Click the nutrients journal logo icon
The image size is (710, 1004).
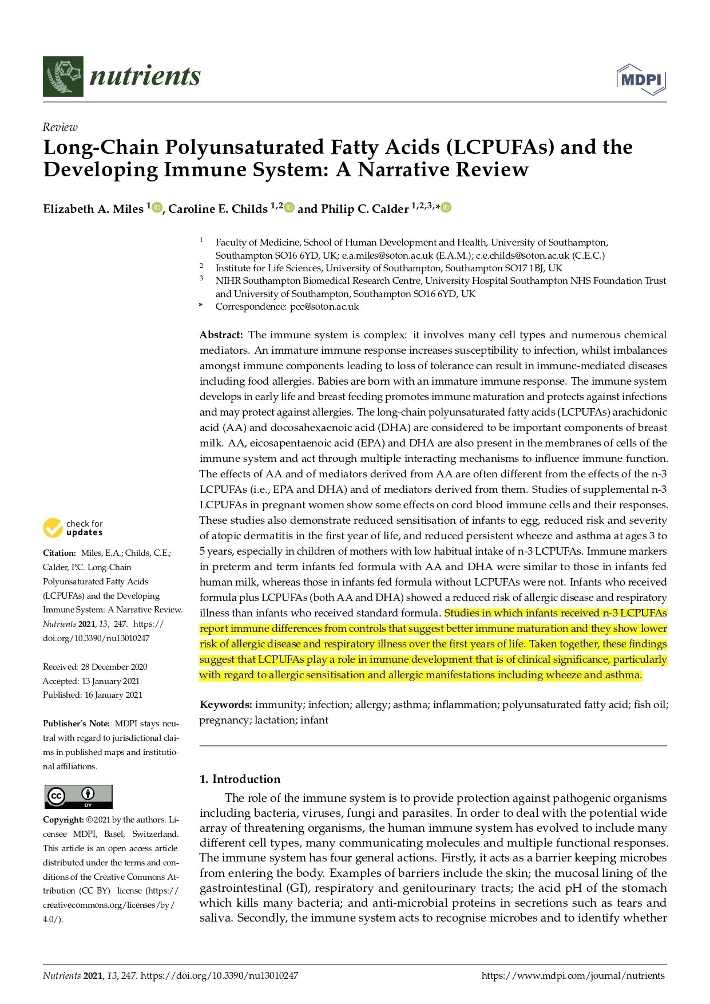click(x=63, y=76)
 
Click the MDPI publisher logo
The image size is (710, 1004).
click(x=641, y=80)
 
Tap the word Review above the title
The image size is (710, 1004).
click(x=60, y=127)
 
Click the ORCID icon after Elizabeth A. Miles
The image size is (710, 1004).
click(x=157, y=207)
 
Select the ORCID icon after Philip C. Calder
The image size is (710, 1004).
click(x=446, y=207)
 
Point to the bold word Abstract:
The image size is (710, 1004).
click(x=221, y=335)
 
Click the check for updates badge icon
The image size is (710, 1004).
click(x=53, y=528)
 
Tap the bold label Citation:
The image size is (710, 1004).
click(x=60, y=553)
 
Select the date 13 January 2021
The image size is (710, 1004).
click(x=110, y=681)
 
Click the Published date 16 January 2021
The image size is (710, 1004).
click(x=112, y=695)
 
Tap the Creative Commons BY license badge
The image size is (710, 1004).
click(x=78, y=796)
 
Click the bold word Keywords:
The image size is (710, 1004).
click(x=225, y=705)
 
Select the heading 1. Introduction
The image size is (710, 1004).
click(x=240, y=779)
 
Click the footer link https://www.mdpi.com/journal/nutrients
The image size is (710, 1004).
click(x=573, y=976)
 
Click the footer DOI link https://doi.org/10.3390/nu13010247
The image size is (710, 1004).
click(x=219, y=976)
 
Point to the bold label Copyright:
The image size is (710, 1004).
click(x=64, y=820)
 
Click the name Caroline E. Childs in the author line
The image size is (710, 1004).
click(x=218, y=209)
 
